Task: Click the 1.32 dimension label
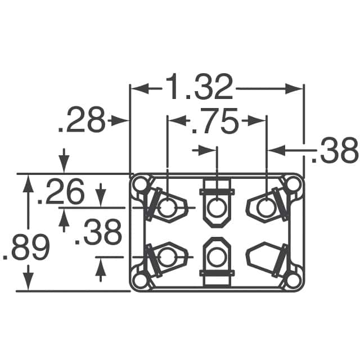(199, 87)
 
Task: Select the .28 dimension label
(82, 120)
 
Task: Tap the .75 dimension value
(214, 121)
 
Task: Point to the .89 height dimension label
(26, 247)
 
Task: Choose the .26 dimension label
(61, 191)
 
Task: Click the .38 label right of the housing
(335, 150)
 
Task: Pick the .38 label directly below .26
(98, 232)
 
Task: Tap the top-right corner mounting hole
(294, 184)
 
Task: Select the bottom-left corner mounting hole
(141, 281)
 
